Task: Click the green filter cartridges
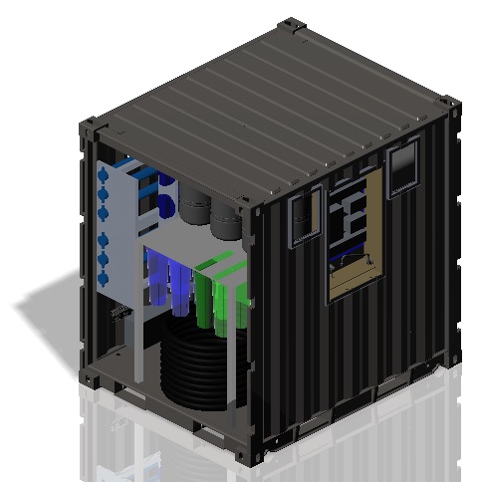pyautogui.click(x=221, y=294)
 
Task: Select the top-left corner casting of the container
pyautogui.click(x=89, y=126)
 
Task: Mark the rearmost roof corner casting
pyautogui.click(x=291, y=24)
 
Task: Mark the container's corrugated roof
pyautogui.click(x=269, y=110)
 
